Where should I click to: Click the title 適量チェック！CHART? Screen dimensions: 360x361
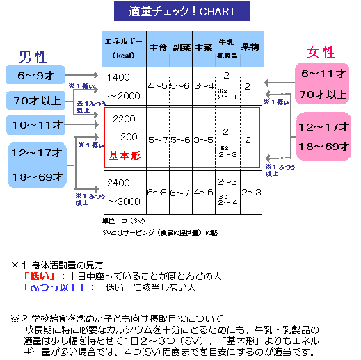(182, 11)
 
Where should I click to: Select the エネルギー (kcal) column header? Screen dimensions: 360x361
(124, 49)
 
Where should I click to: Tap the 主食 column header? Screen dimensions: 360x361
(158, 49)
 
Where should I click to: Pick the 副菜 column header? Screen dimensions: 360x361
(181, 49)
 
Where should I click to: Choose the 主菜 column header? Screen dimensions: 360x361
(204, 49)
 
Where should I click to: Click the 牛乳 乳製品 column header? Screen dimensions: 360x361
(227, 49)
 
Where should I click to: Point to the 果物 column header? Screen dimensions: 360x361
(251, 49)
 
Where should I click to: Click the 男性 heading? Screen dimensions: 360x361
(33, 57)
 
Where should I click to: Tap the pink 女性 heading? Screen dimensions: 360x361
(321, 52)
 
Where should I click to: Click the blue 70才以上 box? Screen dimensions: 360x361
(37, 100)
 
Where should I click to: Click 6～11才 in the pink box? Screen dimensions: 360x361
(322, 74)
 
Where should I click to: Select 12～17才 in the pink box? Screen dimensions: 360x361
(323, 127)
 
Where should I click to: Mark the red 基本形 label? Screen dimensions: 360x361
(124, 156)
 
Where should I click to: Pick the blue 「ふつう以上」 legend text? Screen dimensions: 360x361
(54, 286)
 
